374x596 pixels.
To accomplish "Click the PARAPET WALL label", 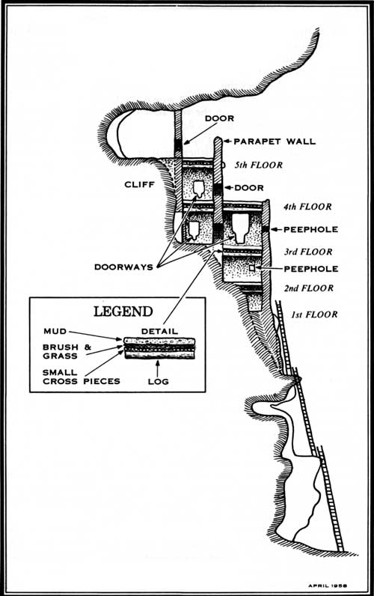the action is pyautogui.click(x=275, y=142).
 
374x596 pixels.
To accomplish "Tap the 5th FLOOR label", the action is pyautogui.click(x=259, y=165).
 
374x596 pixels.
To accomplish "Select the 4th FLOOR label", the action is pyautogui.click(x=307, y=207).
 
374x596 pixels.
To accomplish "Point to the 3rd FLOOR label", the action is pyautogui.click(x=308, y=252).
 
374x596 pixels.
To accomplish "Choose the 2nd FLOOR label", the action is pyautogui.click(x=309, y=288).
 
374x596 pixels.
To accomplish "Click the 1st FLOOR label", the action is pyautogui.click(x=314, y=314).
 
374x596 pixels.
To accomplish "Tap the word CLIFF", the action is pyautogui.click(x=139, y=184).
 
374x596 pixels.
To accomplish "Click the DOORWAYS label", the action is pyautogui.click(x=123, y=267).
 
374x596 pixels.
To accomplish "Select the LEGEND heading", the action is pyautogui.click(x=123, y=311).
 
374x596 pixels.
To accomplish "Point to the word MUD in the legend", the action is pyautogui.click(x=55, y=331).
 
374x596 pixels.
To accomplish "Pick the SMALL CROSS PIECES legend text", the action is pyautogui.click(x=82, y=377).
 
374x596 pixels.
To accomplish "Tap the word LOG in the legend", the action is pyautogui.click(x=159, y=381).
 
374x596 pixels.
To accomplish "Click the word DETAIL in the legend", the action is pyautogui.click(x=159, y=332).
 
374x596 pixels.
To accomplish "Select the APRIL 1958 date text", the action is pyautogui.click(x=328, y=586).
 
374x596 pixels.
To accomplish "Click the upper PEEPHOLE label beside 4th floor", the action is pyautogui.click(x=310, y=230).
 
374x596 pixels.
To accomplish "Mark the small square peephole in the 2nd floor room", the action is pyautogui.click(x=252, y=268).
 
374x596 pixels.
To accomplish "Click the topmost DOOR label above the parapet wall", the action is pyautogui.click(x=219, y=118).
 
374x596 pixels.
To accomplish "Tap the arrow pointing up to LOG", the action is pyautogui.click(x=158, y=368).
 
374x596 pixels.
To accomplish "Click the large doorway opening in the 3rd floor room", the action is pyautogui.click(x=240, y=228).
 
